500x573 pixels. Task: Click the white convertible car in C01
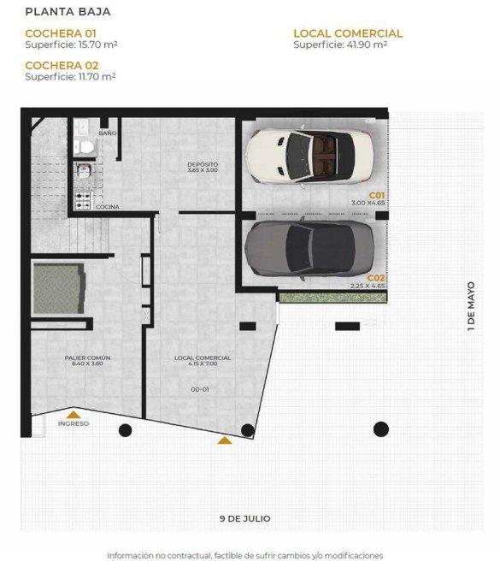point(309,156)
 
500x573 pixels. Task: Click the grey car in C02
point(309,249)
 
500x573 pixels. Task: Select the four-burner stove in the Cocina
point(83,201)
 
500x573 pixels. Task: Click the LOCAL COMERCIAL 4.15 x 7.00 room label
point(203,361)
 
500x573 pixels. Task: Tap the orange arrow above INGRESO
point(74,415)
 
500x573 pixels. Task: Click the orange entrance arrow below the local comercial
point(225,440)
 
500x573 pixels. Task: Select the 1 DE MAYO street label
point(471,306)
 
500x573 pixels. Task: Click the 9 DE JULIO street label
point(245,518)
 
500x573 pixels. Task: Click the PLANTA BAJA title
point(68,12)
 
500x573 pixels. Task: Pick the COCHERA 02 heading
point(62,65)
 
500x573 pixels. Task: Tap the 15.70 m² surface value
point(98,44)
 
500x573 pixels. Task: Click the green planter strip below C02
point(332,298)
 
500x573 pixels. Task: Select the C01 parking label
point(377,195)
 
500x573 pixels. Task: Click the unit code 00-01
point(200,389)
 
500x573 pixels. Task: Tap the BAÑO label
point(108,133)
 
